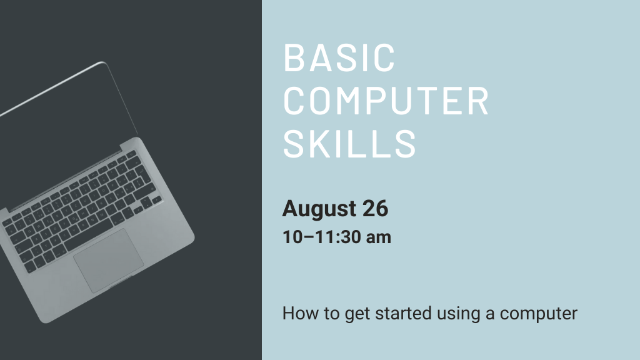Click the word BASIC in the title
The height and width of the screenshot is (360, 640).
[339, 57]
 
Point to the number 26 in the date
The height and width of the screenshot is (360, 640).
[375, 209]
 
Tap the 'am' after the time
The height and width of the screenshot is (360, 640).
[379, 238]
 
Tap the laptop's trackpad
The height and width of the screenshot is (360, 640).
[108, 260]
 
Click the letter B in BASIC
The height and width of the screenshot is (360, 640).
[293, 57]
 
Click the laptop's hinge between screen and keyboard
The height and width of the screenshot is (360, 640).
[69, 175]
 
